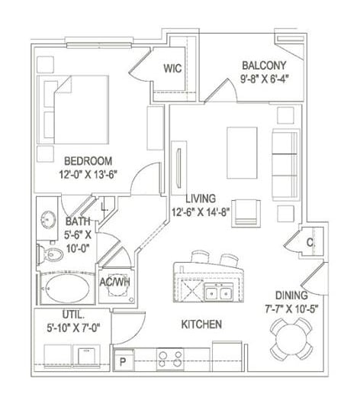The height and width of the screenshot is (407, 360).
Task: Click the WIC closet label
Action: (171, 68)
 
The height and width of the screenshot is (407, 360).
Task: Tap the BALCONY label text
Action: (264, 65)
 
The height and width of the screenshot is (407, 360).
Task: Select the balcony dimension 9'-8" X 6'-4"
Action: (264, 78)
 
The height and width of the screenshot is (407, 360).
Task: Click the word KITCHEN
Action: (201, 325)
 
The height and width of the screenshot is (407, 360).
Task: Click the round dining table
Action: (292, 339)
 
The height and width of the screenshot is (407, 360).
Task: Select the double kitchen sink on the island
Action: (217, 291)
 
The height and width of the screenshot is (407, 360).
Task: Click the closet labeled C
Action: (310, 242)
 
